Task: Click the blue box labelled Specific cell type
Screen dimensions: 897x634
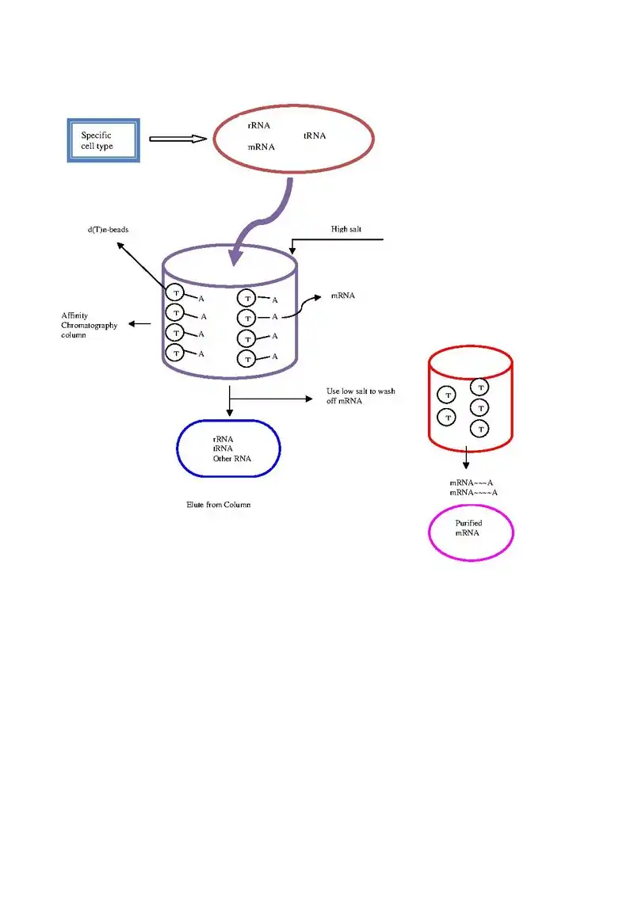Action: tap(103, 140)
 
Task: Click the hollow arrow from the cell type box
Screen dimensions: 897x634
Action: tap(178, 139)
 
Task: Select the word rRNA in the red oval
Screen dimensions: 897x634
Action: tap(259, 125)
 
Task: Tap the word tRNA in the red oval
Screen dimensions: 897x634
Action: tap(315, 136)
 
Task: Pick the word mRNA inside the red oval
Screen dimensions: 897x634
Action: tap(261, 147)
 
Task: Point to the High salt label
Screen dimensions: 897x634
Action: tap(346, 229)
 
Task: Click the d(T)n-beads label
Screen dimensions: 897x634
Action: tap(108, 229)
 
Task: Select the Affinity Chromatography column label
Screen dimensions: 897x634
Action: tap(89, 325)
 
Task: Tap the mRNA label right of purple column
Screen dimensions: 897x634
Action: tap(343, 296)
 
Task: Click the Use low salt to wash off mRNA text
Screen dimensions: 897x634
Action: tap(361, 396)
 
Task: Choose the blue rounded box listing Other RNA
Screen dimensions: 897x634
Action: tap(228, 448)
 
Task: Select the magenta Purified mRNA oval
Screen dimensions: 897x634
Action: tap(471, 532)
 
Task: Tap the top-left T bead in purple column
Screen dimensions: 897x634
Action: tap(175, 293)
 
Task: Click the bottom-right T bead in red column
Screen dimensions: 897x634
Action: tap(479, 429)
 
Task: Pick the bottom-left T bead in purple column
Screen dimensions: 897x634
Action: tap(175, 352)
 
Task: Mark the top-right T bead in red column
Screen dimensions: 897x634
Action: tap(480, 387)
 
